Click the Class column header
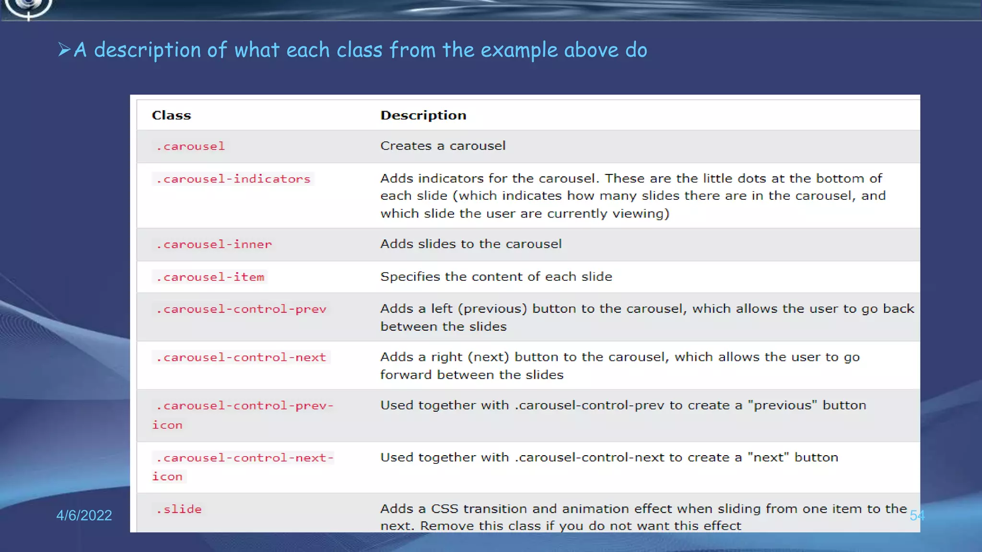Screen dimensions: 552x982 click(171, 115)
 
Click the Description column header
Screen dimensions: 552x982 click(423, 115)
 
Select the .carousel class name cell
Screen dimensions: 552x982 click(190, 146)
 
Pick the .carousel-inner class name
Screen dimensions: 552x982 click(214, 244)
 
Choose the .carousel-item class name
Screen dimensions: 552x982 click(210, 277)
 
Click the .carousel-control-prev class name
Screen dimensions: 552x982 click(241, 309)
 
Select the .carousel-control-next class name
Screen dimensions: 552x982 click(241, 357)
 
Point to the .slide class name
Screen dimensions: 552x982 click(179, 509)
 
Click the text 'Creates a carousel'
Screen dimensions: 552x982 click(443, 146)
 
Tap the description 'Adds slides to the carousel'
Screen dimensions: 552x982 click(471, 244)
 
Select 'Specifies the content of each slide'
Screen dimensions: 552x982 click(496, 276)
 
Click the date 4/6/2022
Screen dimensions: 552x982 click(84, 515)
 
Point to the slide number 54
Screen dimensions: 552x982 click(917, 516)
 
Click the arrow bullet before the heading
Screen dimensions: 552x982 click(64, 49)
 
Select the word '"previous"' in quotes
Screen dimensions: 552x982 click(783, 405)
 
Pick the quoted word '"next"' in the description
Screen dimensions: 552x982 click(768, 458)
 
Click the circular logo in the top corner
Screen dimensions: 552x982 click(28, 7)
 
